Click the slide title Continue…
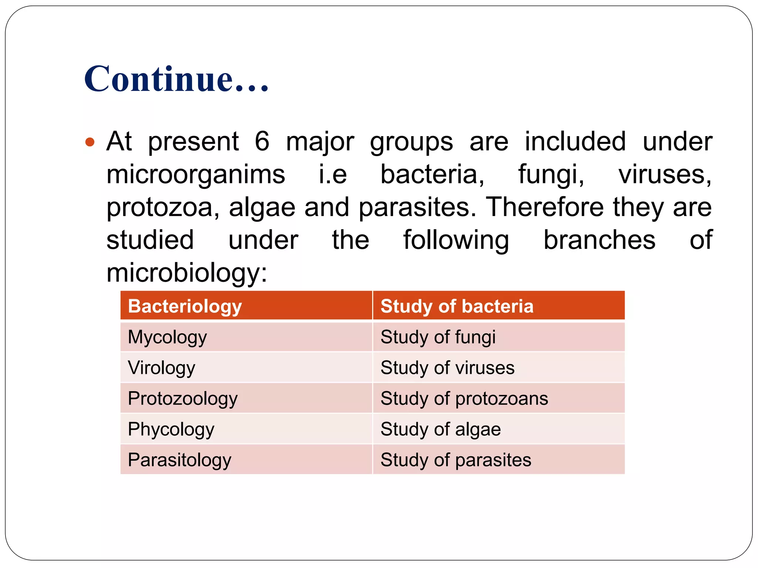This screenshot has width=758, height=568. [176, 79]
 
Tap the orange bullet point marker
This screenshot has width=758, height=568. [90, 142]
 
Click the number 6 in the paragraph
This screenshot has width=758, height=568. [262, 141]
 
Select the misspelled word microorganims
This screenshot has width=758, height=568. [195, 175]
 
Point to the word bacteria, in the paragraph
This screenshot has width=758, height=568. [432, 175]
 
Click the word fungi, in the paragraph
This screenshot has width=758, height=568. [551, 175]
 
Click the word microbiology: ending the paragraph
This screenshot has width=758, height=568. [187, 273]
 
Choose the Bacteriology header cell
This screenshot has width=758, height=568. [246, 306]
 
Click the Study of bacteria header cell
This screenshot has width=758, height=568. [499, 306]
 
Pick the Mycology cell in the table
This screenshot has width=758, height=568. [246, 337]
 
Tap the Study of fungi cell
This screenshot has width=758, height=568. [499, 337]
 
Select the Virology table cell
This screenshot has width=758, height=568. [246, 368]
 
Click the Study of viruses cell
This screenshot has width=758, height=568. [499, 368]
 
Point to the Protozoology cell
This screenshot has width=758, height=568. [246, 398]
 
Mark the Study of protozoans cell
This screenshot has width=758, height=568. [499, 398]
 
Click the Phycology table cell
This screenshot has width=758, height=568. [246, 429]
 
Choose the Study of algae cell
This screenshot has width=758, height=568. [499, 429]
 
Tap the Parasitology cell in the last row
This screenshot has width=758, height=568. [246, 460]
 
